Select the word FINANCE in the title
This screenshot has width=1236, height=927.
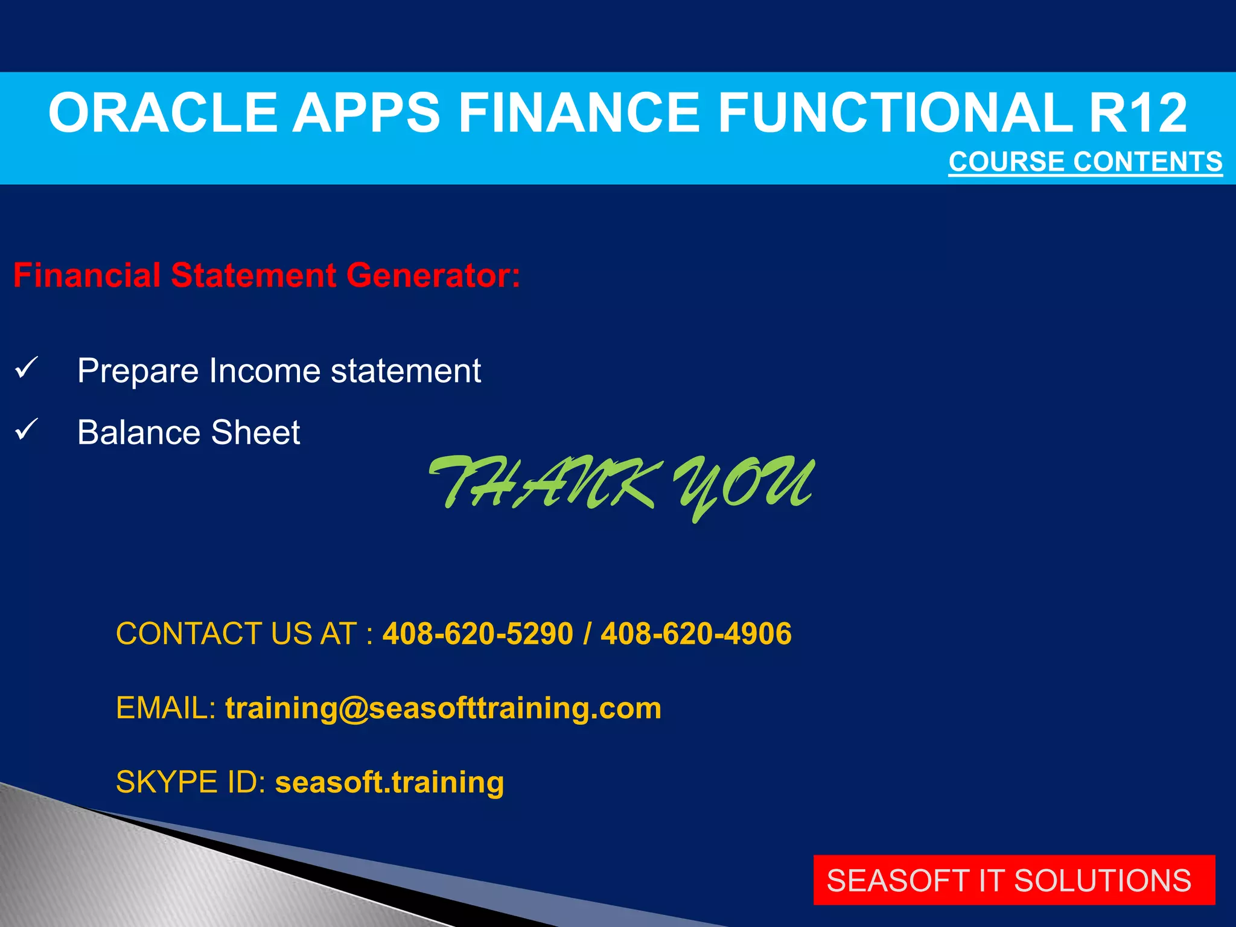pos(579,113)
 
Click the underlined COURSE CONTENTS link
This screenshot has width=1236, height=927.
pos(1085,162)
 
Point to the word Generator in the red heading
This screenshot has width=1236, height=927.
pos(432,275)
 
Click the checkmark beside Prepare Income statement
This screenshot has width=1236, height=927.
pos(27,368)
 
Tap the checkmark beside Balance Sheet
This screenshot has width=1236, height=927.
pos(27,430)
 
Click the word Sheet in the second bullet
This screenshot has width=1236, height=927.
pos(255,433)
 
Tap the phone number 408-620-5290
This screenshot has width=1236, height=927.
pos(477,634)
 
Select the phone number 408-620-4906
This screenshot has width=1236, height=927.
pos(696,634)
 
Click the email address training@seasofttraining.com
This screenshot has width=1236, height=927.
pos(443,708)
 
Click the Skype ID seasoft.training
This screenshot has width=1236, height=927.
pos(389,782)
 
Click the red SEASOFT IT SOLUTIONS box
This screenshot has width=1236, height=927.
pos(1013,880)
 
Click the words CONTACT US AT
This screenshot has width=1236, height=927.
pos(237,634)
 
